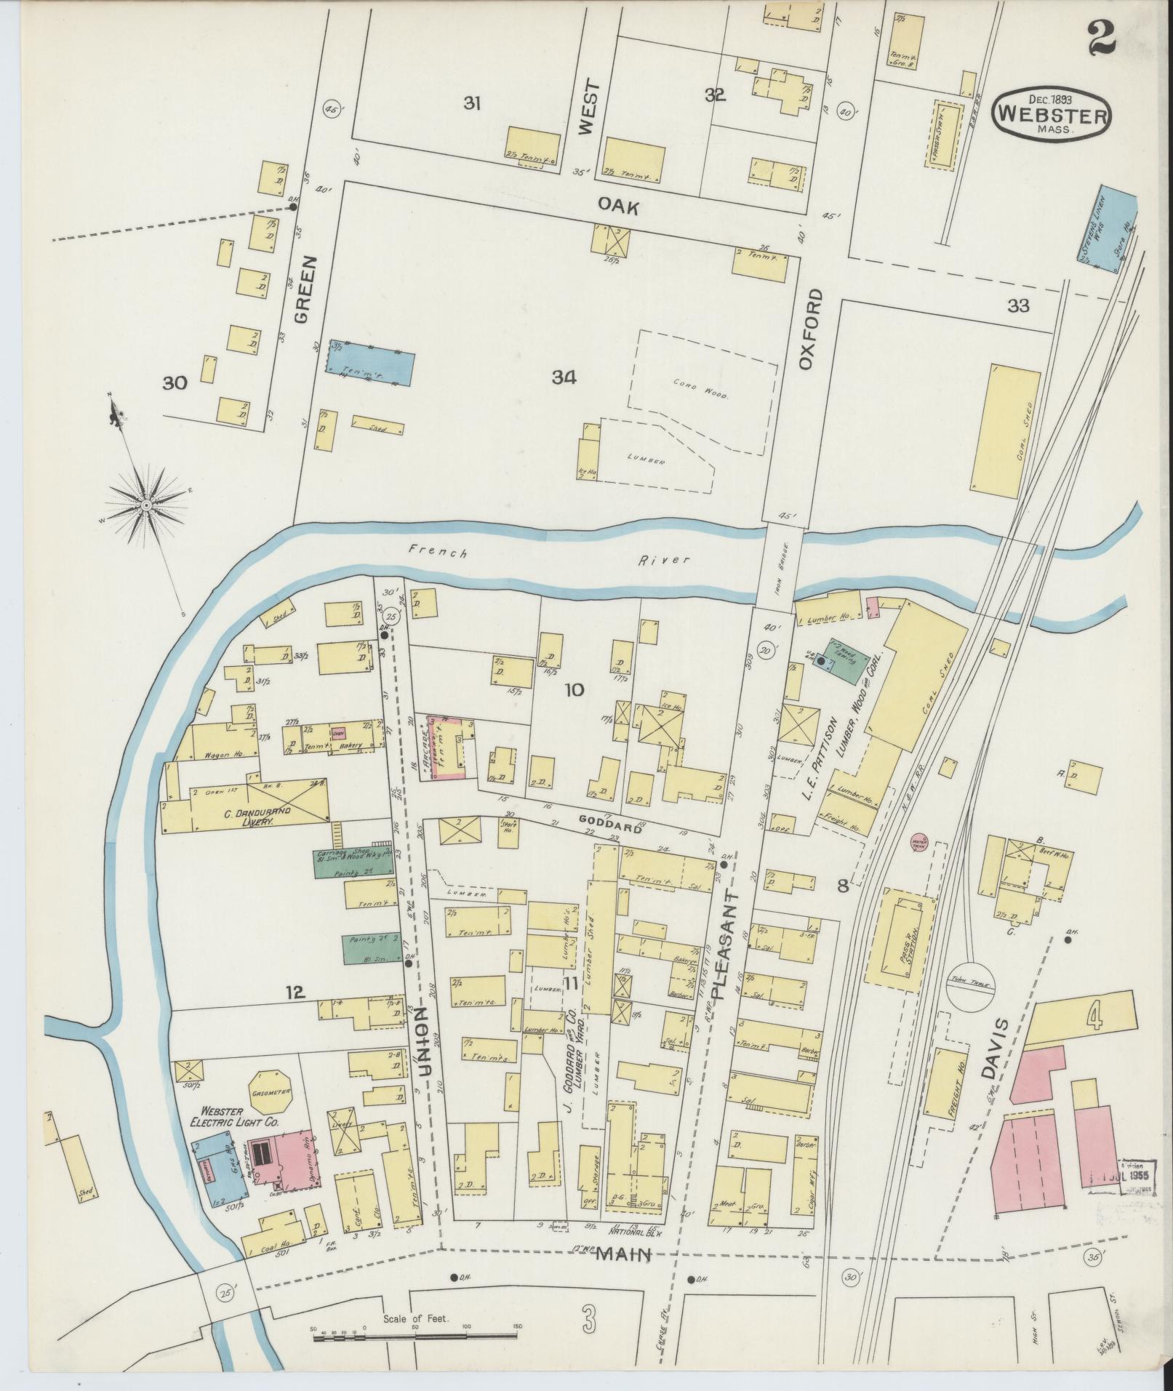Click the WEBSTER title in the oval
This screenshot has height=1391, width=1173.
(1052, 113)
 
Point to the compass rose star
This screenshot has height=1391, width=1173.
(146, 504)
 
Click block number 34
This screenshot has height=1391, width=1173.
(564, 377)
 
